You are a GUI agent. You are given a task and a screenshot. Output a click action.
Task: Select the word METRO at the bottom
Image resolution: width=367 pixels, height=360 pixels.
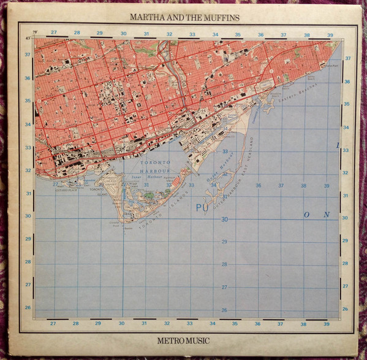tap(165, 337)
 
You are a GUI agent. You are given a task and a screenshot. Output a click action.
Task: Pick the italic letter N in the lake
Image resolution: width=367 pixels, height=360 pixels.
tap(327, 215)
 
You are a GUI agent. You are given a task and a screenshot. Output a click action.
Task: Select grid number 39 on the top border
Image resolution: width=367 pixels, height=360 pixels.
tap(330, 35)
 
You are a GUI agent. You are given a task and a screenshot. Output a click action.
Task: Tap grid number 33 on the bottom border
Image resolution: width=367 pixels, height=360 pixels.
tap(190, 323)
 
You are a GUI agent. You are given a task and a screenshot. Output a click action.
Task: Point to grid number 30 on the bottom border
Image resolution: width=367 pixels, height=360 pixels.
tap(121, 323)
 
